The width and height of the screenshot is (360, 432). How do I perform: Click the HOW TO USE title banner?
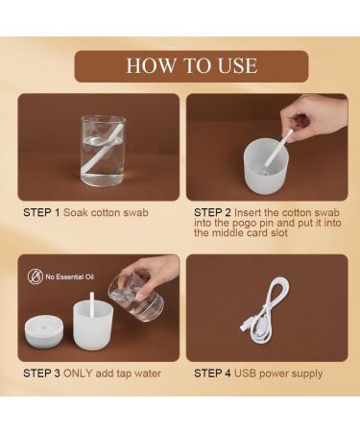coord(191,65)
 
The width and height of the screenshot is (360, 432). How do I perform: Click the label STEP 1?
coord(41,211)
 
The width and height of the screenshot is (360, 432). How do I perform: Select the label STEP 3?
coord(41,372)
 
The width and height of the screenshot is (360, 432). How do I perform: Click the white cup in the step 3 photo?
coord(93,331)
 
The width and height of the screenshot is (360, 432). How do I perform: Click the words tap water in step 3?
coord(139,372)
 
